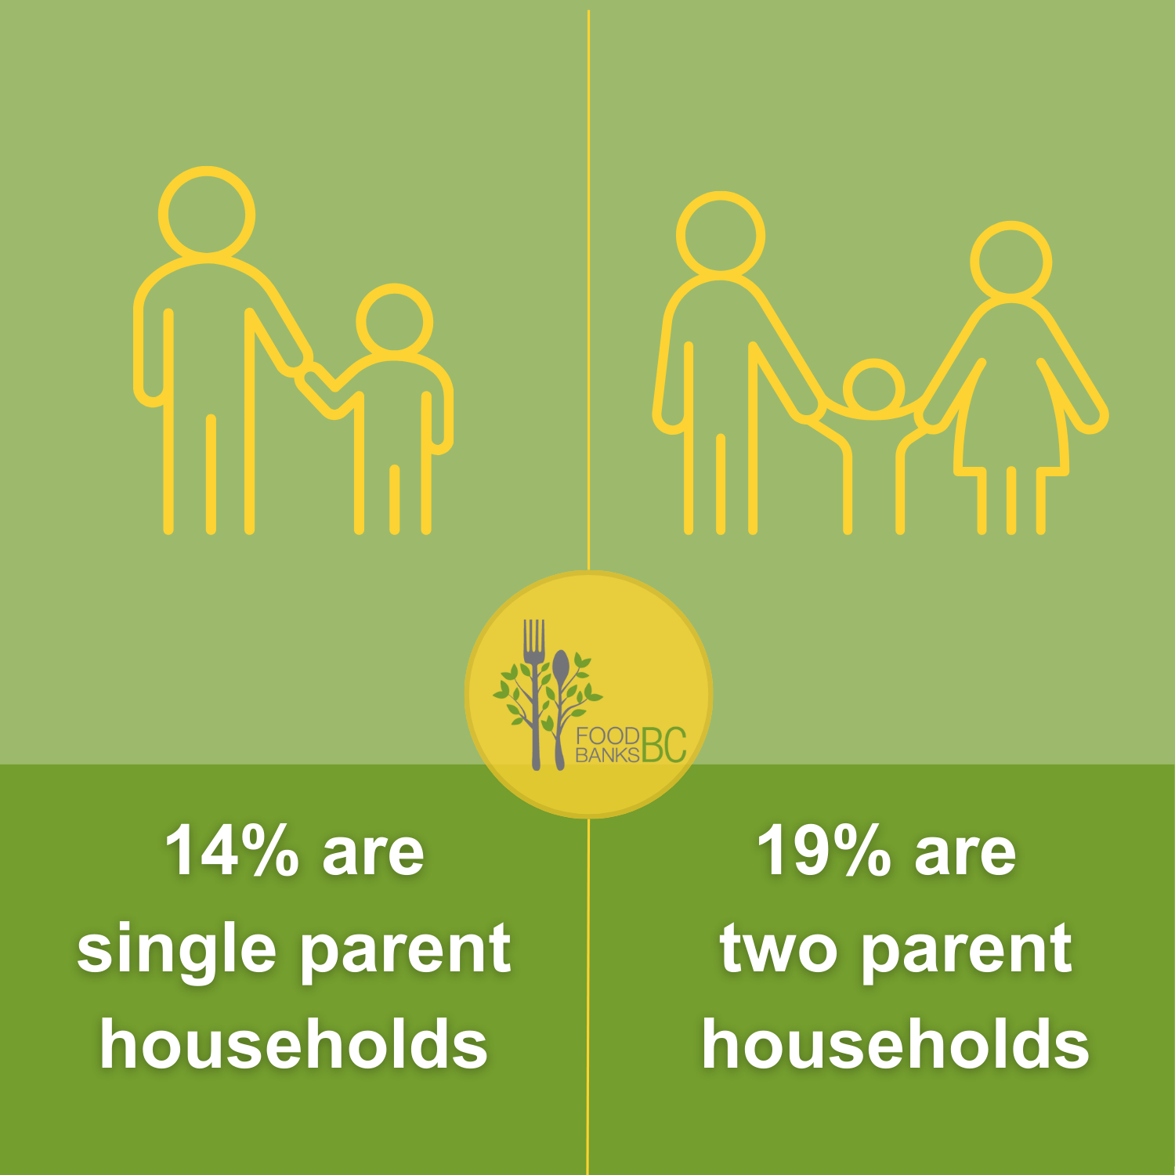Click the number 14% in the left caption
[x=232, y=851]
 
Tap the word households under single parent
[x=294, y=1045]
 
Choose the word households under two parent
[x=895, y=1045]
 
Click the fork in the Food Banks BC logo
[x=535, y=689]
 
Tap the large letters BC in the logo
[x=663, y=744]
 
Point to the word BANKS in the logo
[x=607, y=755]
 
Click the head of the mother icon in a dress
[x=1010, y=262]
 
